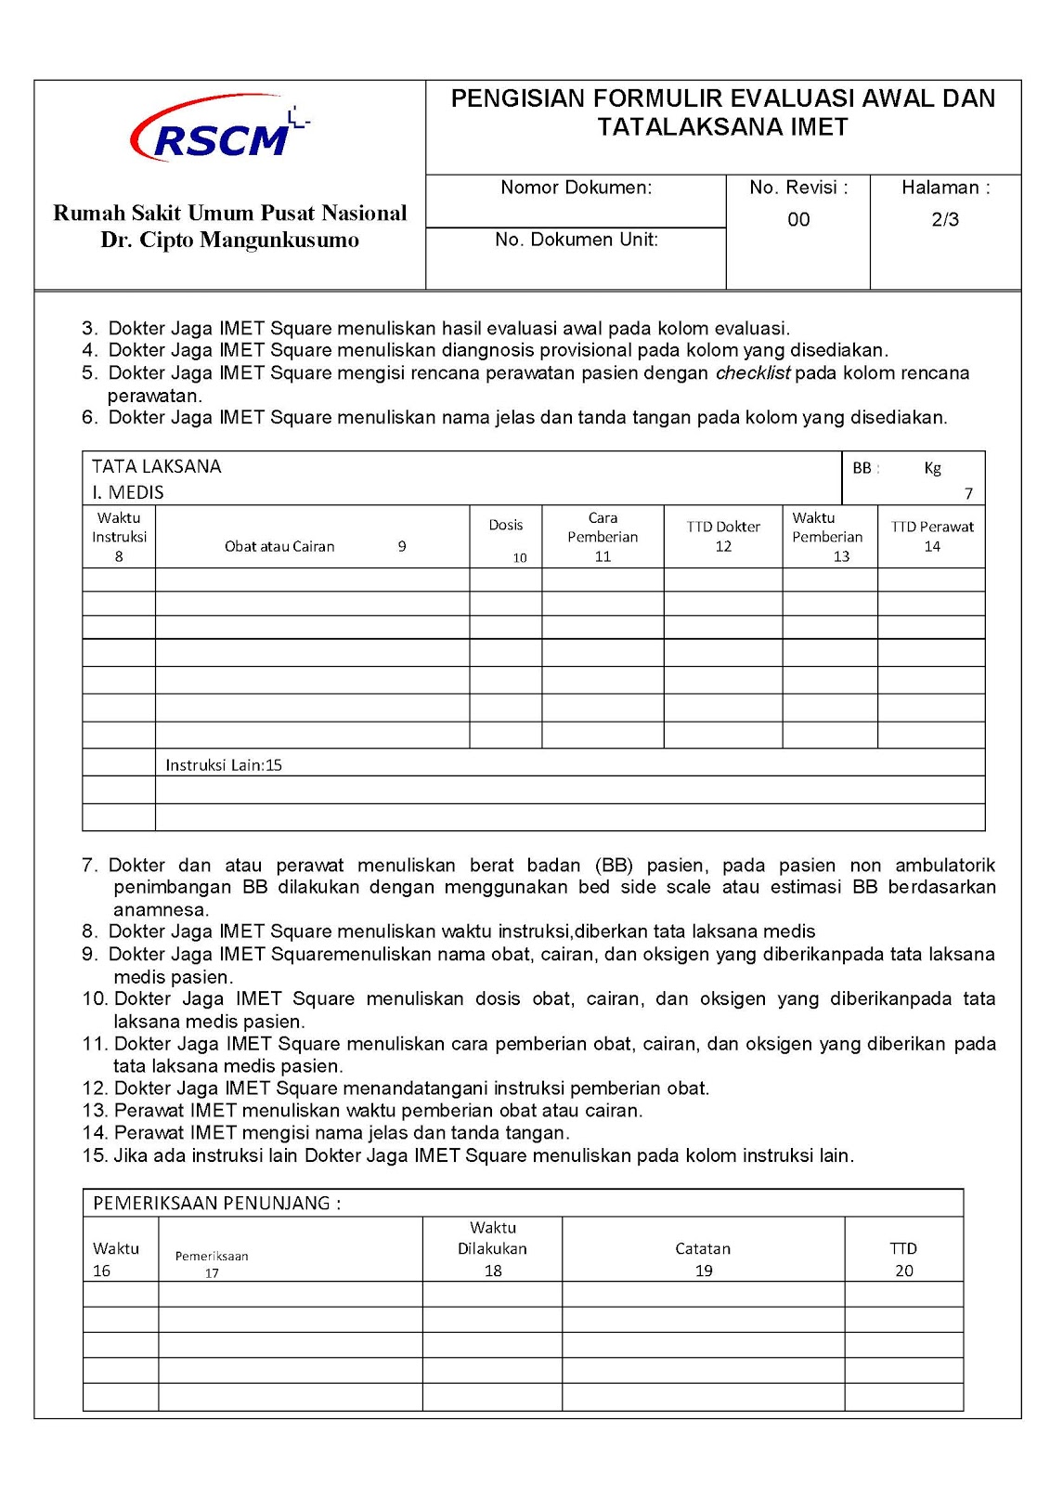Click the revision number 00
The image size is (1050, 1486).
tap(798, 220)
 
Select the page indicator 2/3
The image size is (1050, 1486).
tap(945, 220)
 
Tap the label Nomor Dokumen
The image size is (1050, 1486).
tap(576, 188)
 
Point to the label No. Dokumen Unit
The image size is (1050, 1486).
tap(576, 240)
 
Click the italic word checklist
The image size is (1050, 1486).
tap(752, 373)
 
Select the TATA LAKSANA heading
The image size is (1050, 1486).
tap(156, 466)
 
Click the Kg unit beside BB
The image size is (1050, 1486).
tap(932, 468)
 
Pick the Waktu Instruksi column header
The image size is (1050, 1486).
tap(119, 528)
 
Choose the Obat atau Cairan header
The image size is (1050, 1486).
tap(279, 547)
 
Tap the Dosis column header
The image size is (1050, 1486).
tap(506, 526)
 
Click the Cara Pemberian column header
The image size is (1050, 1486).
tap(603, 528)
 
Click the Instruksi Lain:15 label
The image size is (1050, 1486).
tap(224, 765)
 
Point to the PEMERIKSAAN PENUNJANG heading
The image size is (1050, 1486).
tap(216, 1204)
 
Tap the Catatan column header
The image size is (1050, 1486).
tap(703, 1249)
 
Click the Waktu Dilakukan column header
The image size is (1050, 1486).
tap(492, 1239)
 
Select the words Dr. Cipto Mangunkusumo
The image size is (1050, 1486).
tap(229, 240)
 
